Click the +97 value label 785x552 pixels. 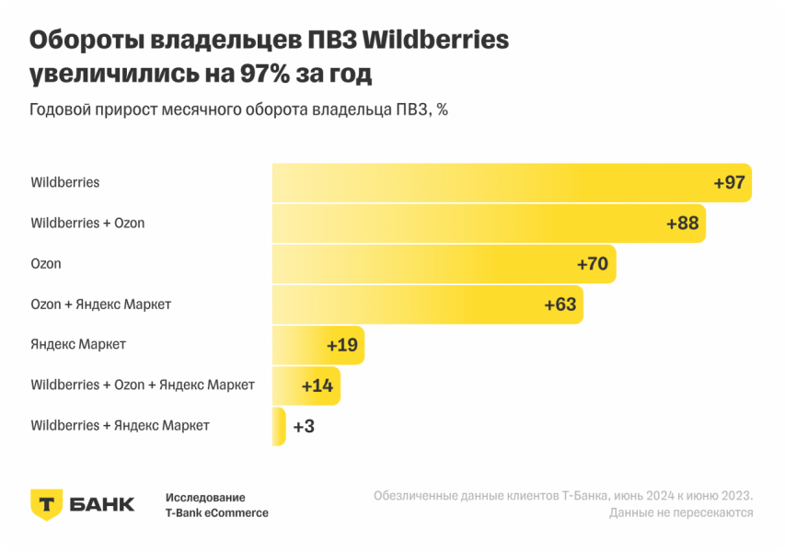[729, 182]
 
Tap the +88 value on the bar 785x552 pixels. [683, 223]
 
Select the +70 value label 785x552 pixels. [593, 264]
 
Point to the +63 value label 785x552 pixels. [560, 305]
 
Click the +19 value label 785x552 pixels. [342, 345]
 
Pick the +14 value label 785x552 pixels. [317, 385]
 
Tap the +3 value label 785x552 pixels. [304, 426]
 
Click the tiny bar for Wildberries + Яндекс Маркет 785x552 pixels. [279, 426]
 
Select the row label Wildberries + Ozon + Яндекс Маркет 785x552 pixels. [143, 385]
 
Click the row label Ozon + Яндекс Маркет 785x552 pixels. [101, 304]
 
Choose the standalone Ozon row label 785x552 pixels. [46, 263]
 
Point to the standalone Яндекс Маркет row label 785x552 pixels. [78, 344]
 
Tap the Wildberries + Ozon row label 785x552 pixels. [87, 223]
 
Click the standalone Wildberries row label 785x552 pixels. [65, 182]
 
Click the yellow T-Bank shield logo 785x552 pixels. [47, 504]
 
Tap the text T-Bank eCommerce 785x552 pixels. [217, 512]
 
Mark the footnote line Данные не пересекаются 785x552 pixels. [681, 512]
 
